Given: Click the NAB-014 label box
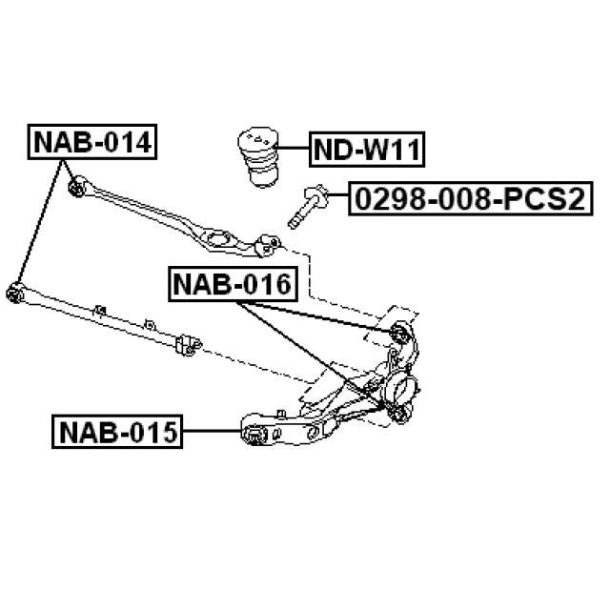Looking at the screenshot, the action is tap(92, 142).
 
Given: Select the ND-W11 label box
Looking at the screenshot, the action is tap(367, 150).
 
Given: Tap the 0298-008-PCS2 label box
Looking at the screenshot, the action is tap(470, 198).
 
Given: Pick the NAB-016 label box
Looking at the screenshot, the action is tap(233, 284).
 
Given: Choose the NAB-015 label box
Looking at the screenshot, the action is tap(117, 432).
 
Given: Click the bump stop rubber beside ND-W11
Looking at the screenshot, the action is tap(258, 156).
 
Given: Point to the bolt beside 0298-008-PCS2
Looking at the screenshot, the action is tap(308, 206).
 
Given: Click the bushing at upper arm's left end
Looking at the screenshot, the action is tap(76, 187).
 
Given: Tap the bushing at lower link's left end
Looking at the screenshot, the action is tap(15, 293).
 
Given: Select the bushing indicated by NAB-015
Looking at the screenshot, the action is tap(254, 435).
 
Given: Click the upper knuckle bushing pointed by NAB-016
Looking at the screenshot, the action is tap(400, 332).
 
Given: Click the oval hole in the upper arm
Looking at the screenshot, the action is tap(217, 238).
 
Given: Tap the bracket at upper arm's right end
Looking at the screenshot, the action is tap(267, 246).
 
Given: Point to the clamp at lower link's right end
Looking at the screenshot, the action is tap(188, 345).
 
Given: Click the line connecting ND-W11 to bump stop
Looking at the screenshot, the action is tap(292, 149).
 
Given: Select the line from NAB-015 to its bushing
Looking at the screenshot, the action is tap(213, 431).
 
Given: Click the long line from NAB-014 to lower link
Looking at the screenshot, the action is tap(40, 222).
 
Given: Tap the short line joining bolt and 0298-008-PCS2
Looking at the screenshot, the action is tap(339, 194).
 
